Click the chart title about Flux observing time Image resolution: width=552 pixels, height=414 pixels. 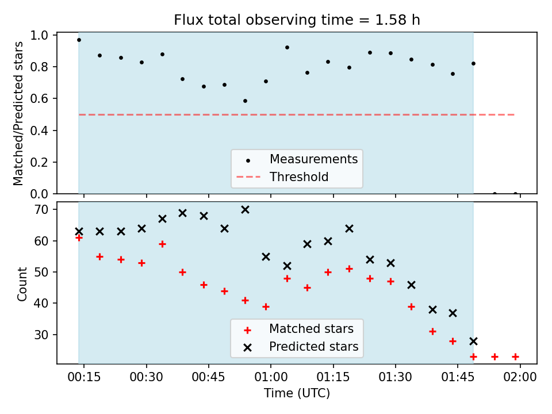coord(297,20)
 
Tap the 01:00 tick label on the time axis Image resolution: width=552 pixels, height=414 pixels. coord(271,377)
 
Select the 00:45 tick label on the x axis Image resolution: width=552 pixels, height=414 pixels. coord(208,377)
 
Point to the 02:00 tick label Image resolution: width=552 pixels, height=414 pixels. coord(520,377)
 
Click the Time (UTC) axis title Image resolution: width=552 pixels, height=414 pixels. coord(297,393)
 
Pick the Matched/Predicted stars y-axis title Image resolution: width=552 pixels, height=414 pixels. coord(18,113)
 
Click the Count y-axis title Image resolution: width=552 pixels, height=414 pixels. coord(22,284)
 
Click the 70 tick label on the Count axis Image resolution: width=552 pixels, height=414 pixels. coord(41,210)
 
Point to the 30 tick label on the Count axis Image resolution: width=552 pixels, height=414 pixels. coord(41,335)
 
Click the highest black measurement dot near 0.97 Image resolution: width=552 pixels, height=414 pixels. coord(79,40)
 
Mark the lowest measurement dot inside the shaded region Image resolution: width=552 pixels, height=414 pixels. coord(245,101)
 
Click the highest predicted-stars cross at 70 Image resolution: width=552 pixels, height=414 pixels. coord(245,210)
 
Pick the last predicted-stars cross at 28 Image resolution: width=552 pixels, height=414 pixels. coord(473,341)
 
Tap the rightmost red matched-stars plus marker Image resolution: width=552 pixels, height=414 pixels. coord(515,356)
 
